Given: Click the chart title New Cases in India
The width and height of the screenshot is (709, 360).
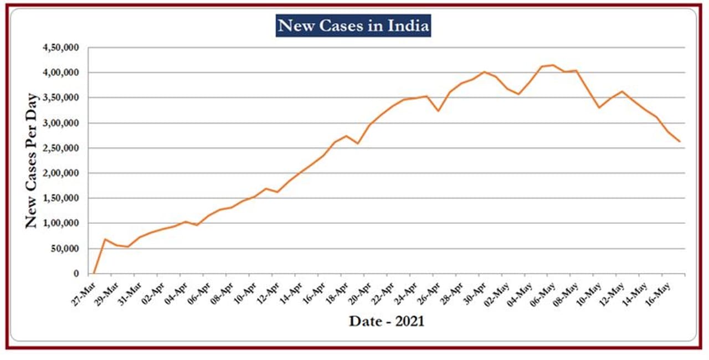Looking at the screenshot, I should [x=353, y=25].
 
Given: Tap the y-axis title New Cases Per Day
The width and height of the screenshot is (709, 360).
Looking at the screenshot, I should [x=32, y=161].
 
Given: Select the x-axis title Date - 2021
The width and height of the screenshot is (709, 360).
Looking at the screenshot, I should [x=386, y=321].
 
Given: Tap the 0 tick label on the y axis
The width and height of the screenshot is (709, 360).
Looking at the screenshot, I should [x=76, y=274].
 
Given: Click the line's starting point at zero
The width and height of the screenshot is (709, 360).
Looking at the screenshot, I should [x=94, y=274].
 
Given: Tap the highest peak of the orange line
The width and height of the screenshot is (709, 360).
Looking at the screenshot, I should [x=552, y=65].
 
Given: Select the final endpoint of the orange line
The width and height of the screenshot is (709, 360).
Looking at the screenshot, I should [x=680, y=142].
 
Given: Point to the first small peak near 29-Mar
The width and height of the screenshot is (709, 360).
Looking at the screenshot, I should [x=105, y=239].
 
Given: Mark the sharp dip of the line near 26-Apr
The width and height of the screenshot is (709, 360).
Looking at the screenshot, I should [x=438, y=111].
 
